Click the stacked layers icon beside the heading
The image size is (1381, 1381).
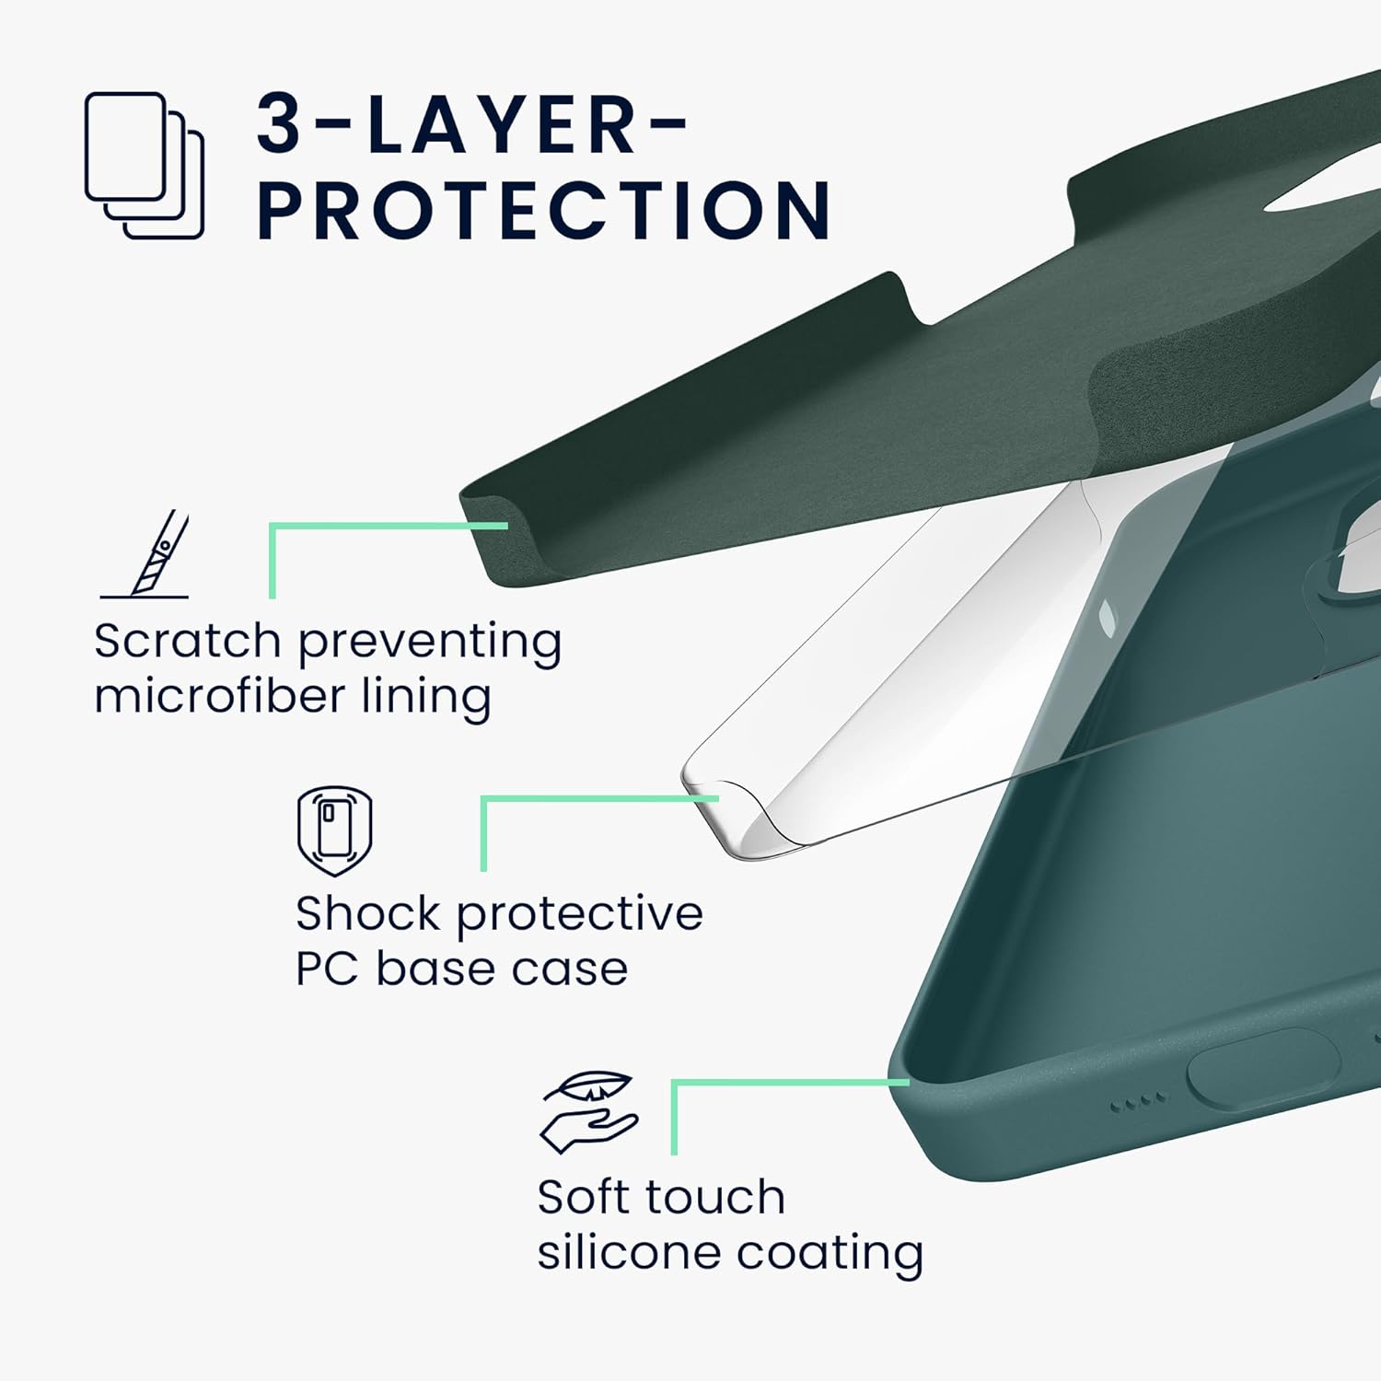(145, 166)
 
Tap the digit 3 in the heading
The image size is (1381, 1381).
(279, 122)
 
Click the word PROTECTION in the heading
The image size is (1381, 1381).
(544, 210)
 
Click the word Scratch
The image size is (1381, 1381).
(187, 641)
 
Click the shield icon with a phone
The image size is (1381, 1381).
(334, 831)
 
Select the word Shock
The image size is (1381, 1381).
(368, 913)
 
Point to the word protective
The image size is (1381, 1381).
(580, 915)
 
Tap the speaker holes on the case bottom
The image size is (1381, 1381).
(1139, 1101)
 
